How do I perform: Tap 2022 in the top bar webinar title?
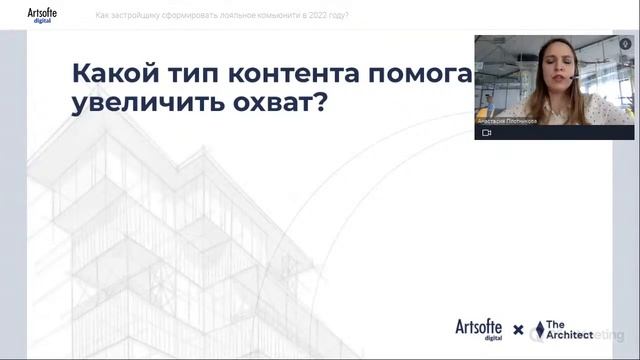click(x=305, y=16)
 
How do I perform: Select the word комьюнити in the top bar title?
click(x=259, y=16)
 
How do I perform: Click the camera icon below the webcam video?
click(x=487, y=132)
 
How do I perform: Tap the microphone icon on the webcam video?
click(x=626, y=44)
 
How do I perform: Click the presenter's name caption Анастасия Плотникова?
click(x=508, y=118)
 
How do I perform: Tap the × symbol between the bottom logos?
click(x=518, y=330)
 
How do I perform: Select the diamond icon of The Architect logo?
click(x=539, y=329)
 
